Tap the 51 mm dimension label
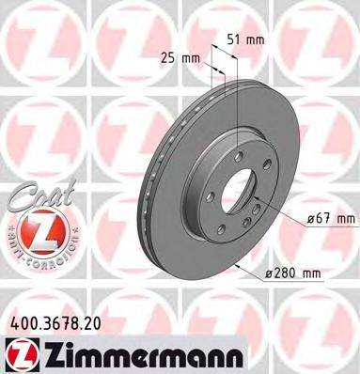(246, 39)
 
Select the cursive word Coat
(37, 198)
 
